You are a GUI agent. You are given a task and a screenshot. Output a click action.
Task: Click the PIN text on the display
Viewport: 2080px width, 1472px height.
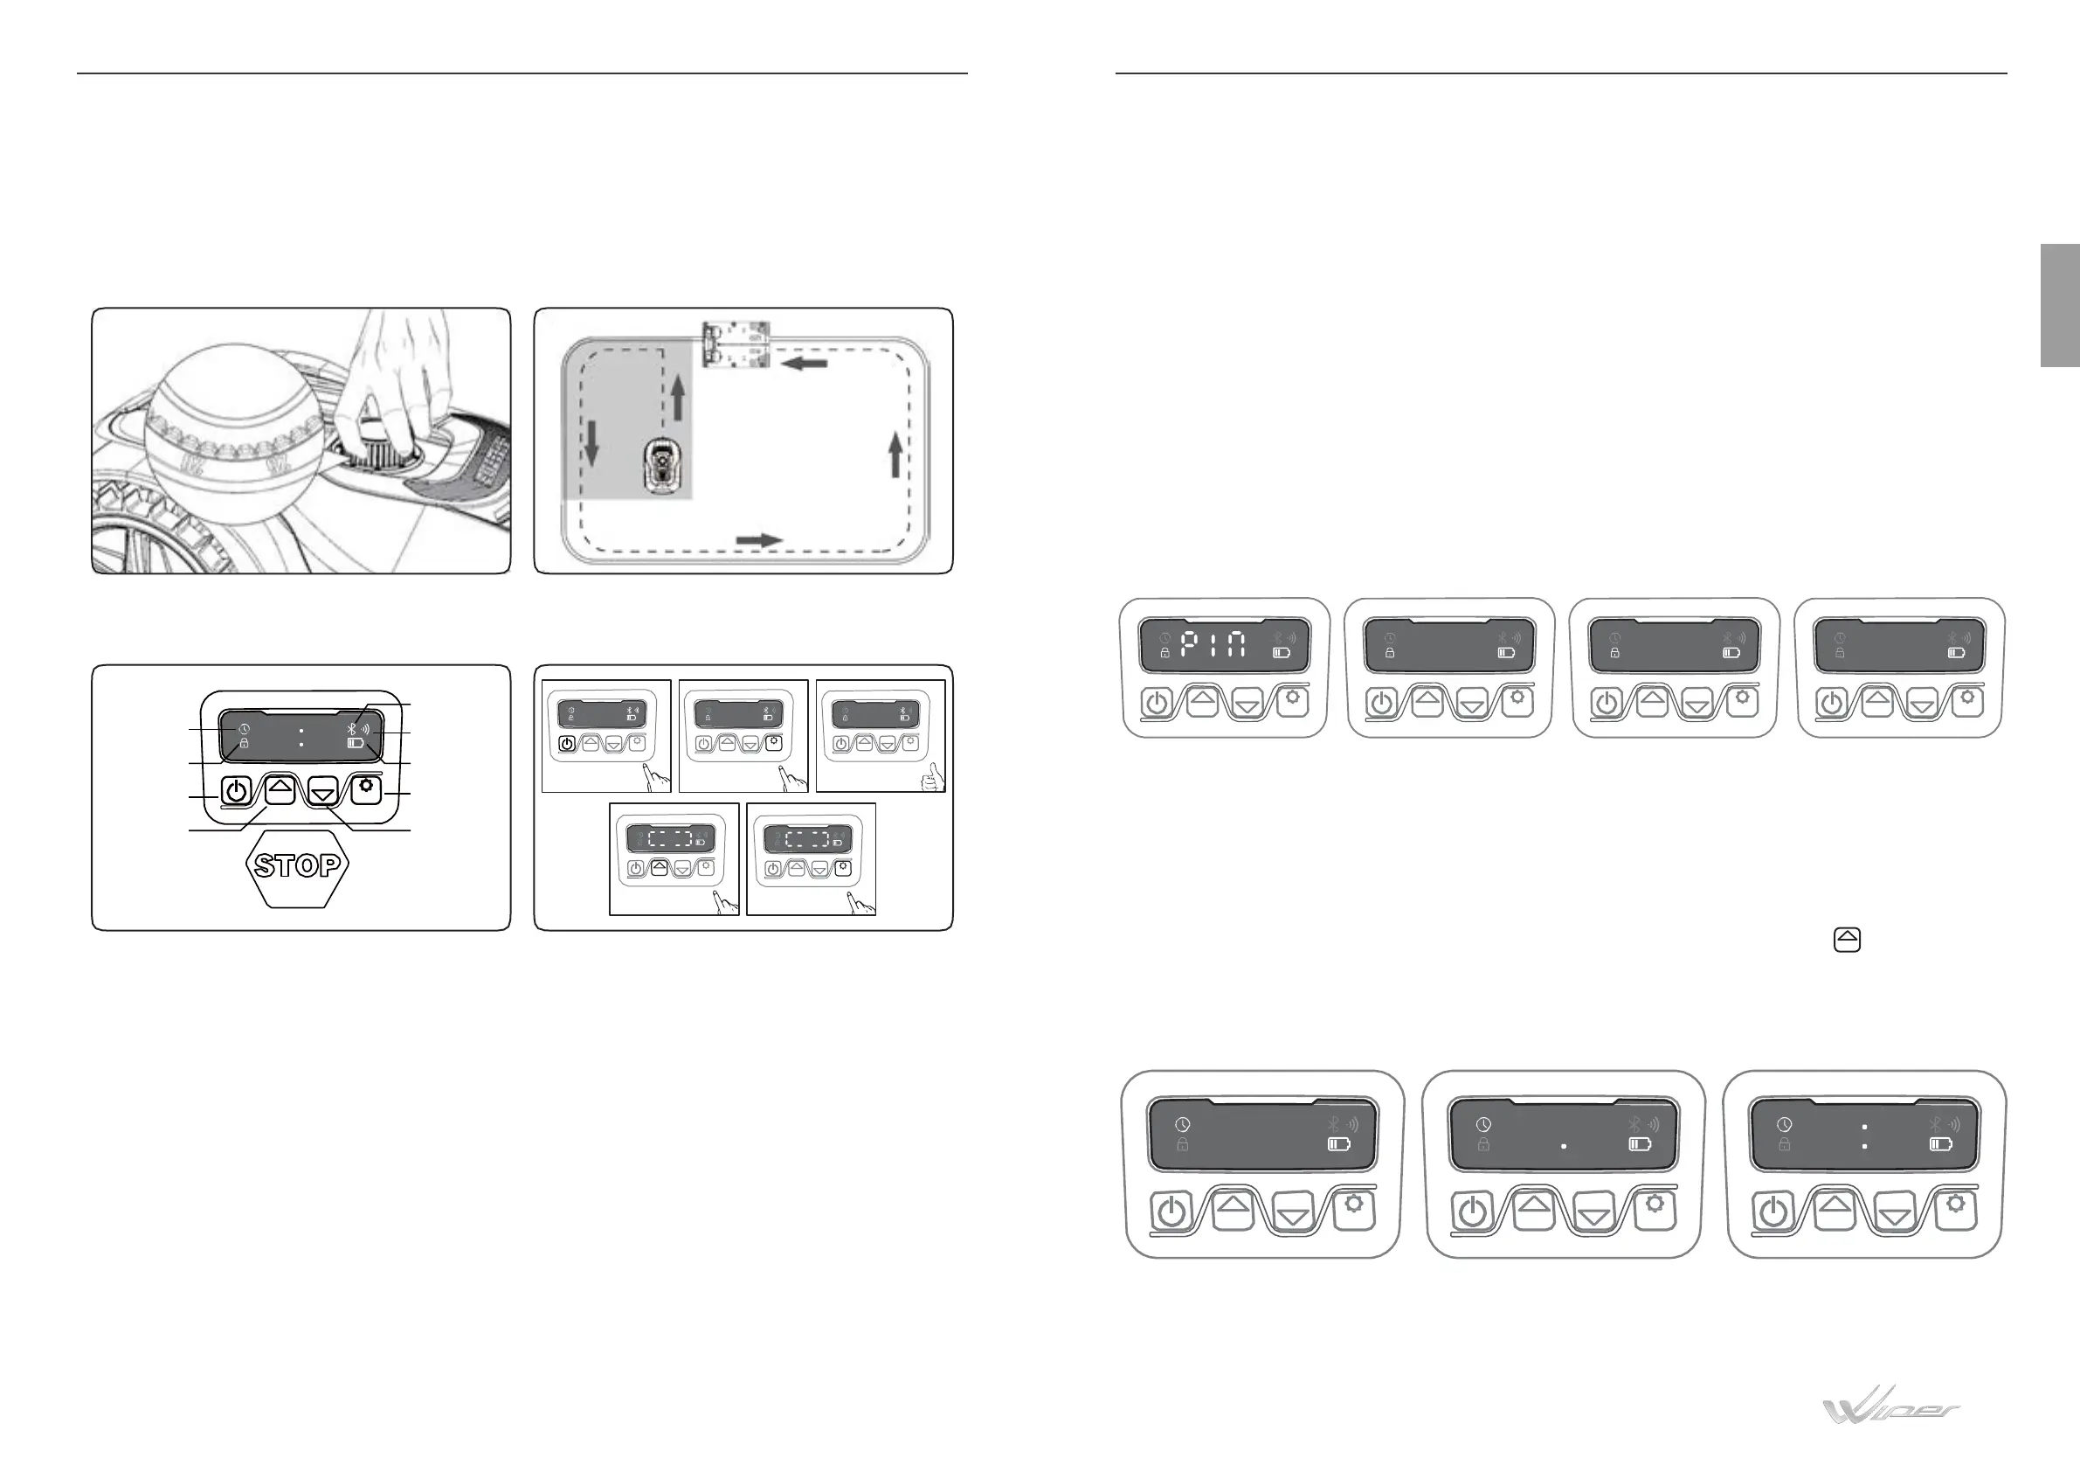pyautogui.click(x=1213, y=645)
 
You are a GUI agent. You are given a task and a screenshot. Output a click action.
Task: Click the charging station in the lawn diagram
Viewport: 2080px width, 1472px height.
pyautogui.click(x=736, y=344)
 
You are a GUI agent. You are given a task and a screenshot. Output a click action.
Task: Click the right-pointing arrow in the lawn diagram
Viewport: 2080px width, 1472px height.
pyautogui.click(x=758, y=540)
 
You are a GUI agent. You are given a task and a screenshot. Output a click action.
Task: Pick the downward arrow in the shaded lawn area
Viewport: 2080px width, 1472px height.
pyautogui.click(x=591, y=442)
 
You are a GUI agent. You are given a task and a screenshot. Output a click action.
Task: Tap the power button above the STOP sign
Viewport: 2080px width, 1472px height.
pyautogui.click(x=235, y=791)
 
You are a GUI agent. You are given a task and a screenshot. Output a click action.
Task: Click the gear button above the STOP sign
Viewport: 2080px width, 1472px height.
pyautogui.click(x=366, y=789)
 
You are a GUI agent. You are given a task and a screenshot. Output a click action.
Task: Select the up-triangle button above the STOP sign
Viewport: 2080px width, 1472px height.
pyautogui.click(x=280, y=788)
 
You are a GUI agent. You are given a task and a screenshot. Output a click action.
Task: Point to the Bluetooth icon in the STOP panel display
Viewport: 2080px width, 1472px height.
pyautogui.click(x=352, y=727)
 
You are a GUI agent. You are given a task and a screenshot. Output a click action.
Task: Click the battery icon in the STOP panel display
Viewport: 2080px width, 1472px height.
pyautogui.click(x=356, y=743)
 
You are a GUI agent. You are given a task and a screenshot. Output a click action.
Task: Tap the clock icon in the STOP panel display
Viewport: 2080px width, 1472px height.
pyautogui.click(x=245, y=729)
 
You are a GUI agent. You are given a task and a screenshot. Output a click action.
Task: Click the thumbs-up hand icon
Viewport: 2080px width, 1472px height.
pyautogui.click(x=930, y=778)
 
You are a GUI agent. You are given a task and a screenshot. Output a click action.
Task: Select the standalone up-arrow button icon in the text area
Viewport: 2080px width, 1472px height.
pyautogui.click(x=1846, y=940)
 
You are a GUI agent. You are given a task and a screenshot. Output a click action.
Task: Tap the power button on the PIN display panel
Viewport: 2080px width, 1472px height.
pyautogui.click(x=1157, y=703)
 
